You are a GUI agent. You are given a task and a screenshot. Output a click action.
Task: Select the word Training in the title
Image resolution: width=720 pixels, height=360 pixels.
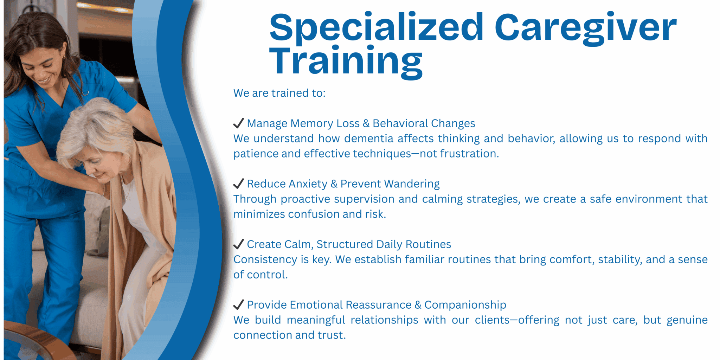tap(346, 62)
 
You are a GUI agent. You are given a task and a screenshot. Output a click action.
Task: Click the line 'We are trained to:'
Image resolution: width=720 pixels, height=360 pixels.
tap(279, 93)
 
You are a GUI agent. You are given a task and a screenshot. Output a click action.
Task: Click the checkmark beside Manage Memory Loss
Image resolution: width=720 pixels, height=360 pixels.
tap(238, 123)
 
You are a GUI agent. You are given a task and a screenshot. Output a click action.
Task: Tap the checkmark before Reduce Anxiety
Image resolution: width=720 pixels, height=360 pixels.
tap(238, 184)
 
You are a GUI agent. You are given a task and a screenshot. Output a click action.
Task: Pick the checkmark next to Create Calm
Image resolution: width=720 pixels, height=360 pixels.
tap(238, 244)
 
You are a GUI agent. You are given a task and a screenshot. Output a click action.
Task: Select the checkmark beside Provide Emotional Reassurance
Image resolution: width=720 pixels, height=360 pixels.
tap(238, 304)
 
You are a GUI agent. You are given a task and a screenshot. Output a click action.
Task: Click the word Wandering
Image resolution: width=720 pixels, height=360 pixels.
tap(412, 184)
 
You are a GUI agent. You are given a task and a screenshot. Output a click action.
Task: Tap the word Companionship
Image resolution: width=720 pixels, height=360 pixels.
tap(465, 305)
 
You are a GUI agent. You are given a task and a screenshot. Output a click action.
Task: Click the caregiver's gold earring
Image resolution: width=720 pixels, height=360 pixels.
tap(64, 56)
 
